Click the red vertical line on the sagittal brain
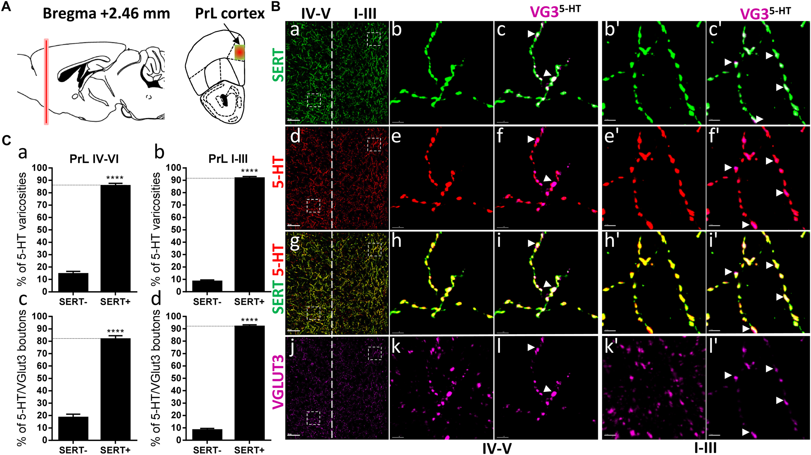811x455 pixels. point(46,81)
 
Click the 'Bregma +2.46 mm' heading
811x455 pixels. point(106,14)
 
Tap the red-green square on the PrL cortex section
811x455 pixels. point(239,52)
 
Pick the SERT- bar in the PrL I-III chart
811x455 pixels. point(207,286)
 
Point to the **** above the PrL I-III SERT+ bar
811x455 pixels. point(249,171)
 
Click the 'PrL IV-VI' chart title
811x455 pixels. point(94,159)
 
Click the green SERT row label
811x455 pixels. point(278,65)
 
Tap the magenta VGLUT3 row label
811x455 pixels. point(278,382)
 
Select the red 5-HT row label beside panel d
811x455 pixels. point(278,172)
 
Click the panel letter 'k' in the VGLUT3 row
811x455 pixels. point(396,347)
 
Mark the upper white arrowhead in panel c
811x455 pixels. point(531,33)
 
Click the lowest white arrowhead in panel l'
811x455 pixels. point(745,432)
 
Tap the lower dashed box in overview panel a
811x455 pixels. point(314,100)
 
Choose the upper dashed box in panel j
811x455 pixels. point(375,353)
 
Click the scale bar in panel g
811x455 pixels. point(293,331)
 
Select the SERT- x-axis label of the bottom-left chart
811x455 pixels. point(73,450)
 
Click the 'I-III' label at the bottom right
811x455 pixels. point(705,448)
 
